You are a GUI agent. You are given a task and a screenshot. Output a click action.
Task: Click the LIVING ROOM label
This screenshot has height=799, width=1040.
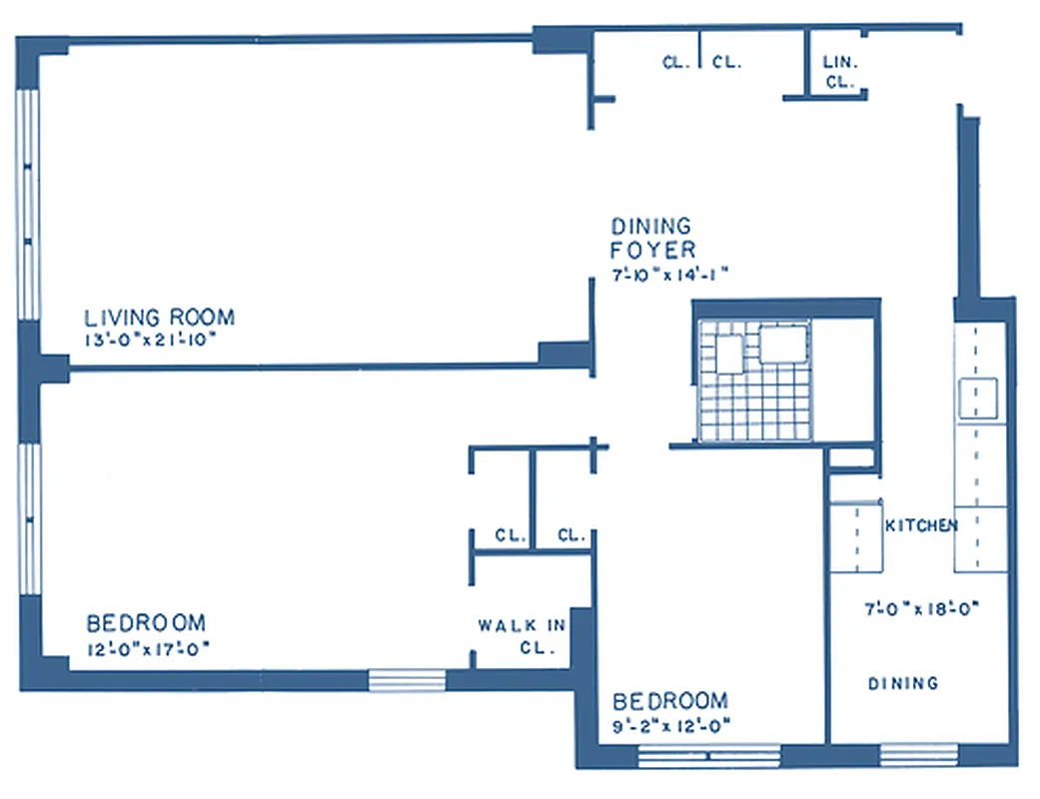click(x=160, y=318)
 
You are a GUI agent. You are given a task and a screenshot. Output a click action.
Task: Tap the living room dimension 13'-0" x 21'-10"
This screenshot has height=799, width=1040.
click(x=151, y=340)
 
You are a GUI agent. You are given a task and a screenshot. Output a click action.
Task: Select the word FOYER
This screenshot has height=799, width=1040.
click(x=653, y=251)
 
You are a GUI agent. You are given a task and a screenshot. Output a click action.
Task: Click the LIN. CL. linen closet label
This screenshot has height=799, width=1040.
click(x=839, y=72)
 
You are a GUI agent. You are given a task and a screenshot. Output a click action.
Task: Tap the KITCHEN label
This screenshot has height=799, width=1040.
click(x=921, y=525)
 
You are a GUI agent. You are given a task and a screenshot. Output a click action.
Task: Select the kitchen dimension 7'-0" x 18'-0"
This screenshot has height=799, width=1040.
click(x=919, y=607)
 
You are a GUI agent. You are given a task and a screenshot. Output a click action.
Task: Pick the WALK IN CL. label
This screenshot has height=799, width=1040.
click(x=522, y=635)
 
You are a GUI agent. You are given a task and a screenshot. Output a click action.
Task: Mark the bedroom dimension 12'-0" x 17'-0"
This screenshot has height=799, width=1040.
click(x=148, y=648)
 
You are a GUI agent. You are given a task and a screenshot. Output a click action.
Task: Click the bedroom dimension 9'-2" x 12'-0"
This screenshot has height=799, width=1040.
click(x=672, y=725)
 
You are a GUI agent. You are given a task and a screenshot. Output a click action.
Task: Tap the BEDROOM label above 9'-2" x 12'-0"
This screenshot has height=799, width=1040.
click(x=670, y=700)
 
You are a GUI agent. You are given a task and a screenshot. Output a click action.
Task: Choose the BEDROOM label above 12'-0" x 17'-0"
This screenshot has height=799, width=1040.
click(x=146, y=623)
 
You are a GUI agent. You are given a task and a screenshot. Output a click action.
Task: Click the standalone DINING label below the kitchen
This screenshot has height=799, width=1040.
click(x=903, y=683)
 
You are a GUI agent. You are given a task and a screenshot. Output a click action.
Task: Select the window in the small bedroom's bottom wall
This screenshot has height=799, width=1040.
click(x=708, y=755)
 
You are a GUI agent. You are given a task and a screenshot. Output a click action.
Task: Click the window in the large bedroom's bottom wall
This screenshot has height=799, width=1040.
click(x=407, y=680)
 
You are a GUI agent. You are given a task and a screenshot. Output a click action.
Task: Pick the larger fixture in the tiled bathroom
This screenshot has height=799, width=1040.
click(x=783, y=343)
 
